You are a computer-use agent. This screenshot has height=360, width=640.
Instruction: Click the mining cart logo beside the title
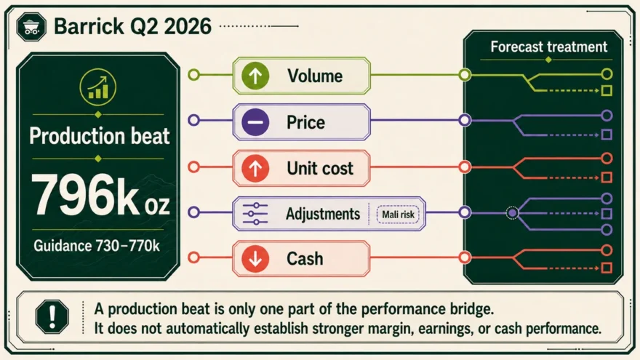31,26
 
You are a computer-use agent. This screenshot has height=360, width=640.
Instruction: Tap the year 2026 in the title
188,26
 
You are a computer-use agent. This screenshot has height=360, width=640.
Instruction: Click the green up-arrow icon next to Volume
255,76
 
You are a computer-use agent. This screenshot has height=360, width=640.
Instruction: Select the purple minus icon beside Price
255,122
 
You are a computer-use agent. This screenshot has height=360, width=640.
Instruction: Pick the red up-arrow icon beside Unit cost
255,168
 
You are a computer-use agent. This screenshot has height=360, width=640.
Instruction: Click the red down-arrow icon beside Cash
255,258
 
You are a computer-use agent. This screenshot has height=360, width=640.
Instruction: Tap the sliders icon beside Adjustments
255,214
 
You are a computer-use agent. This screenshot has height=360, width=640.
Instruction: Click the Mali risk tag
398,215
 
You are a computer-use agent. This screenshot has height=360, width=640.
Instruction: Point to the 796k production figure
100,195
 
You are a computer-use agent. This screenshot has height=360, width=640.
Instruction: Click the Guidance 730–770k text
97,246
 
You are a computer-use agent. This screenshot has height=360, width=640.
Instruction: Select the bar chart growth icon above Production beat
98,87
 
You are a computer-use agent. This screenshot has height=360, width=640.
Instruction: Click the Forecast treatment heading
549,47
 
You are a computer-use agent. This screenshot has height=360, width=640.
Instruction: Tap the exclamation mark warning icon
52,317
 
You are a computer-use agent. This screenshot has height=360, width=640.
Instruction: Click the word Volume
315,76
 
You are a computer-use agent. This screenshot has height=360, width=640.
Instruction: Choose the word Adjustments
323,214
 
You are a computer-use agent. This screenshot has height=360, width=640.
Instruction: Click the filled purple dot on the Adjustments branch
513,212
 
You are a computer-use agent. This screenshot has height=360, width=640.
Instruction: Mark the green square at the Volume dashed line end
607,91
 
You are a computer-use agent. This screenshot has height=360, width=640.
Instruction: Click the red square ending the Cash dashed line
607,268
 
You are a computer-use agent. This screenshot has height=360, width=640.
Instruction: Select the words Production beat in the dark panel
100,136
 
